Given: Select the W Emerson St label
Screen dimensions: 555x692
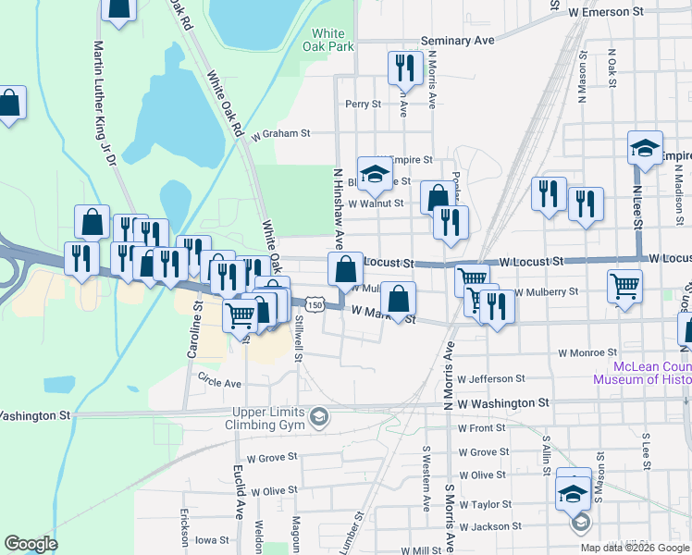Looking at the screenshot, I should click(x=605, y=11).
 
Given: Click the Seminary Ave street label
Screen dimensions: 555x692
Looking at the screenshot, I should click(x=457, y=41).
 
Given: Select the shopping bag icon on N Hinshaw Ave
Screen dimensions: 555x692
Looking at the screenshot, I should click(x=345, y=270).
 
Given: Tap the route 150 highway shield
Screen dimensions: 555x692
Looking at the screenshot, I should click(x=315, y=304).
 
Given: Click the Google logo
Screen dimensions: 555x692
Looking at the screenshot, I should click(x=31, y=544).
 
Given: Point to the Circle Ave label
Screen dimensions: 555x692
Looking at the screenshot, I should click(x=219, y=382).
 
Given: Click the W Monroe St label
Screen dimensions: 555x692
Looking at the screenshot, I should click(x=587, y=352).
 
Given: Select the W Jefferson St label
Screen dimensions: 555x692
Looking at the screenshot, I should click(x=491, y=378).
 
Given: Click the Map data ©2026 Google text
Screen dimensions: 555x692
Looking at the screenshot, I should click(x=635, y=548).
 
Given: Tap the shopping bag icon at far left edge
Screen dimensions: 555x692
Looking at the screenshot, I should click(x=8, y=104).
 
